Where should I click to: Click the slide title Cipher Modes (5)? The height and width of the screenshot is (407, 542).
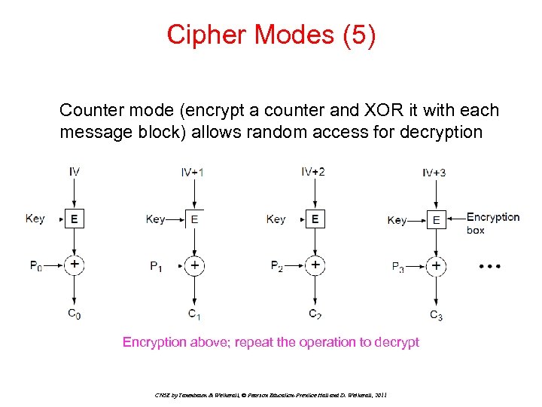(x=271, y=35)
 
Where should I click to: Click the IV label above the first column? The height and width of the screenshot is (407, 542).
(x=75, y=172)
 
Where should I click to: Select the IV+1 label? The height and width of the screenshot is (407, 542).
(x=192, y=173)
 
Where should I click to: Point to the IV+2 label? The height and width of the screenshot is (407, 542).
(x=313, y=172)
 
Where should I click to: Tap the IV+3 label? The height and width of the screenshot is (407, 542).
(x=434, y=173)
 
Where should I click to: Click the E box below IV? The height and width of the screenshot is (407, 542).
(x=74, y=219)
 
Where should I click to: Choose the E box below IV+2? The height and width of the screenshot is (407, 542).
(x=315, y=219)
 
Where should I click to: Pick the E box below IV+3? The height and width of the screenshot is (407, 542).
(x=436, y=220)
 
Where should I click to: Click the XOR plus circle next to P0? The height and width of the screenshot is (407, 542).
(x=74, y=265)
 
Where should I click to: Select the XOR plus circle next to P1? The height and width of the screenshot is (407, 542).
(x=194, y=265)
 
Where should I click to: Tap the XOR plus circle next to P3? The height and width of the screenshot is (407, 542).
(x=436, y=265)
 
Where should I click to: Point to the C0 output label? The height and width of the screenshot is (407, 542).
(x=75, y=314)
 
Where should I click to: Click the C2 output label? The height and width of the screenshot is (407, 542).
(x=316, y=314)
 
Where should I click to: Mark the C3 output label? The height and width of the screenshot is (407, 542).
(x=436, y=315)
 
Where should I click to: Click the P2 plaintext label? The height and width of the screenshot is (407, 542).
(x=277, y=265)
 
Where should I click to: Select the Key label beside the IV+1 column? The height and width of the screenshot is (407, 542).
(x=156, y=219)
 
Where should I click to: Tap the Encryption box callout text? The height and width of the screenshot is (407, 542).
(x=492, y=223)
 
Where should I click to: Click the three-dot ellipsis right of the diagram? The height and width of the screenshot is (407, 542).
(x=489, y=267)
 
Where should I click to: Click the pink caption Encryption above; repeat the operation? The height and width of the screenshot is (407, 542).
(x=271, y=342)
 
